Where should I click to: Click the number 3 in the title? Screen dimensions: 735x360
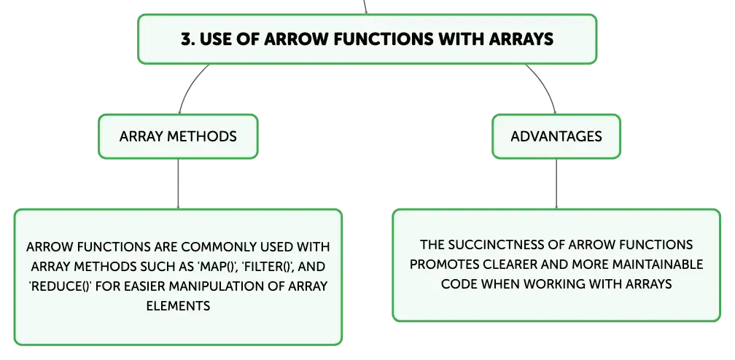187,39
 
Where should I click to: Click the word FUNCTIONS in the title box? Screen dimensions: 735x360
384,39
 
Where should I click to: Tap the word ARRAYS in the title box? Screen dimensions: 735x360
521,39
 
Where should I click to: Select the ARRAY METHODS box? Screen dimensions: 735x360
178,136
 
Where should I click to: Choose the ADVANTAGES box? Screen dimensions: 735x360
556,136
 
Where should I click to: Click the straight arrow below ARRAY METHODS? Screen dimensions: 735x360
178,184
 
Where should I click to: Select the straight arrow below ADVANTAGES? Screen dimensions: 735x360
556,184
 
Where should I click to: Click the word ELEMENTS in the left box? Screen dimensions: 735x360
178,306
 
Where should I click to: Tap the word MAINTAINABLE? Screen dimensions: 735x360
658,265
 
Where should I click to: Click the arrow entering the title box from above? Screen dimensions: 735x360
365,7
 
